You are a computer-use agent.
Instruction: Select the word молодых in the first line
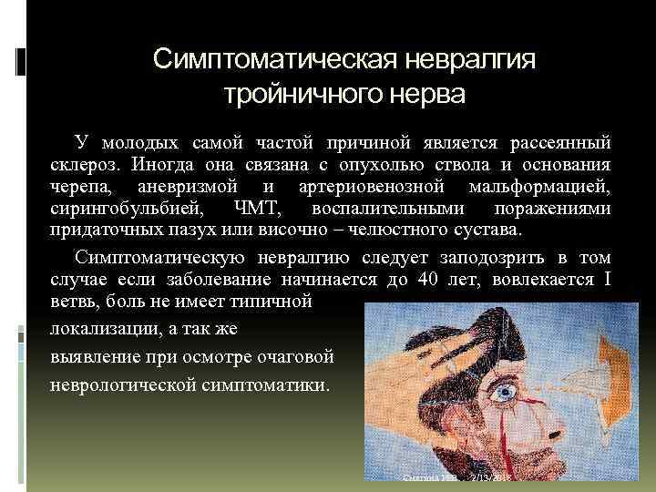click(x=145, y=144)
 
